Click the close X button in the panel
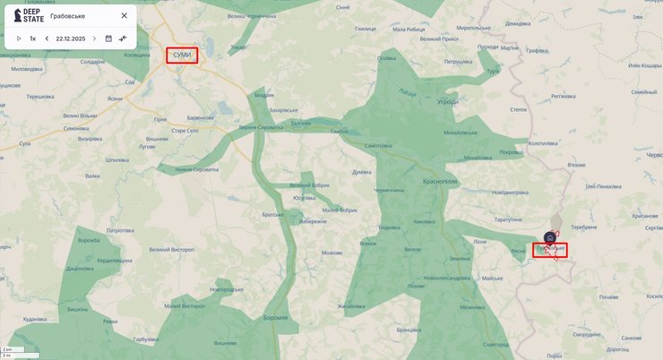(x=125, y=15)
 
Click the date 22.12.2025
(x=71, y=39)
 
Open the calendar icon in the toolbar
(x=108, y=39)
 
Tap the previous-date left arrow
(x=47, y=39)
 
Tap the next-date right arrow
(x=94, y=39)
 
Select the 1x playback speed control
(x=32, y=39)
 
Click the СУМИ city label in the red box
(x=182, y=56)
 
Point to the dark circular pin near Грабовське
(x=549, y=237)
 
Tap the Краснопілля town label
(x=440, y=180)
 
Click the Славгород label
(x=495, y=344)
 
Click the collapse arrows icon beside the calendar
(x=123, y=39)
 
